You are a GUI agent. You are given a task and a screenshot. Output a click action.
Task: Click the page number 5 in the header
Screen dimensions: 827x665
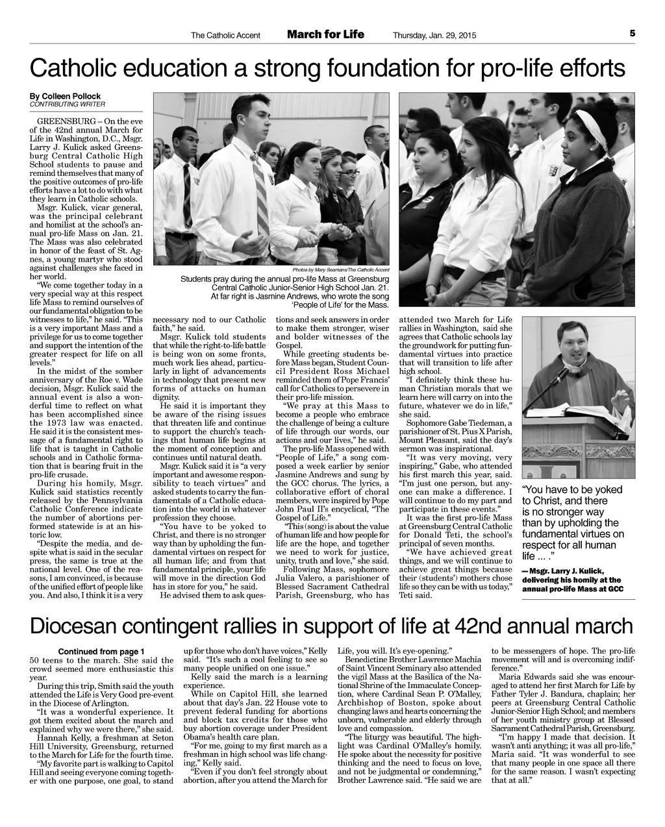pos(631,33)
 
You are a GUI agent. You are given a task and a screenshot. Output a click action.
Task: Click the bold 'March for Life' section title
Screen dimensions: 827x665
pos(325,34)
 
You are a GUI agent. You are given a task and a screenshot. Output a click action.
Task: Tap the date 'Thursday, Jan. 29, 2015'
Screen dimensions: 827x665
pos(434,35)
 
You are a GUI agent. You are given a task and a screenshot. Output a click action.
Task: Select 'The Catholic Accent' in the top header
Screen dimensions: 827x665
pos(225,35)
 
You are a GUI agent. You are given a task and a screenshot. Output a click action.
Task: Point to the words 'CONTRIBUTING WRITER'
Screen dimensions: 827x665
pos(68,104)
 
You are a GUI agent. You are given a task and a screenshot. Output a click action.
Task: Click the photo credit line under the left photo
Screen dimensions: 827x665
pos(341,269)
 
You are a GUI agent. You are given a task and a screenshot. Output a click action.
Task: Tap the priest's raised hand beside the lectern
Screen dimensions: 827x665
pos(625,401)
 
